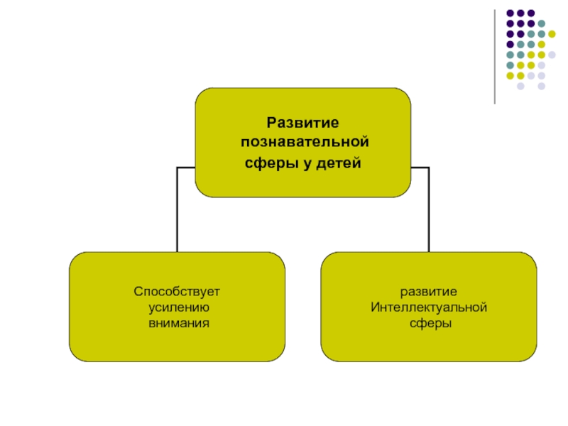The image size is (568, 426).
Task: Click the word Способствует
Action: [x=177, y=292]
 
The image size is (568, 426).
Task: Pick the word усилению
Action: [x=177, y=307]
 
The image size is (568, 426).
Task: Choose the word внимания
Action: [x=177, y=323]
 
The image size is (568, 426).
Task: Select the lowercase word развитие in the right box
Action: [x=429, y=292]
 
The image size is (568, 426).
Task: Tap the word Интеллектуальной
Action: [x=429, y=307]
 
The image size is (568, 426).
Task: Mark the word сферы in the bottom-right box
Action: [x=429, y=323]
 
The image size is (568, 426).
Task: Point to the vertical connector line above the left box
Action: [x=177, y=209]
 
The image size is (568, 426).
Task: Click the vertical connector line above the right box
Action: [x=429, y=209]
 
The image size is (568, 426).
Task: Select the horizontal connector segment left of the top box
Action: [x=186, y=168]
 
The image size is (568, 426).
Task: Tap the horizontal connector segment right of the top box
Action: [x=420, y=168]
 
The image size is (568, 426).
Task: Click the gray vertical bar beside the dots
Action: [x=495, y=57]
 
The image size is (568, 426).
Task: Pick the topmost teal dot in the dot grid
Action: [x=542, y=23]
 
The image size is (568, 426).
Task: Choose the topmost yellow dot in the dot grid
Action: [x=552, y=33]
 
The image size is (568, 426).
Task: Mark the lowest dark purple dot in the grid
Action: [x=510, y=44]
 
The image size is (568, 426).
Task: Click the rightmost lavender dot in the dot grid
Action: [x=552, y=55]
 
